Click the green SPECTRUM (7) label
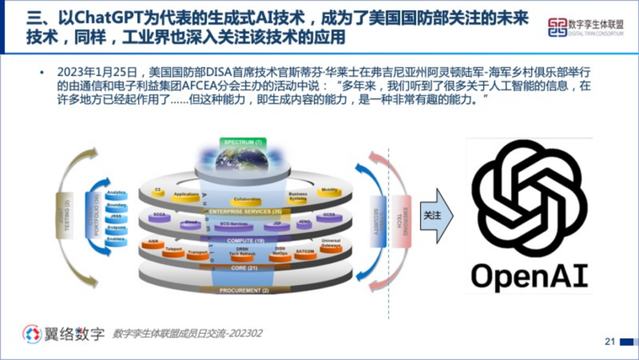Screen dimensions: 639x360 point(243,143)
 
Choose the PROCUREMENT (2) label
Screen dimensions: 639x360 point(244,291)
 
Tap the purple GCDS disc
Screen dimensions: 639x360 point(330,217)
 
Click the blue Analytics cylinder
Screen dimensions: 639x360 point(116,194)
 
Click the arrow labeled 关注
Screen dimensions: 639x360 point(435,216)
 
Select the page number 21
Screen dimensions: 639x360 point(610,342)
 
